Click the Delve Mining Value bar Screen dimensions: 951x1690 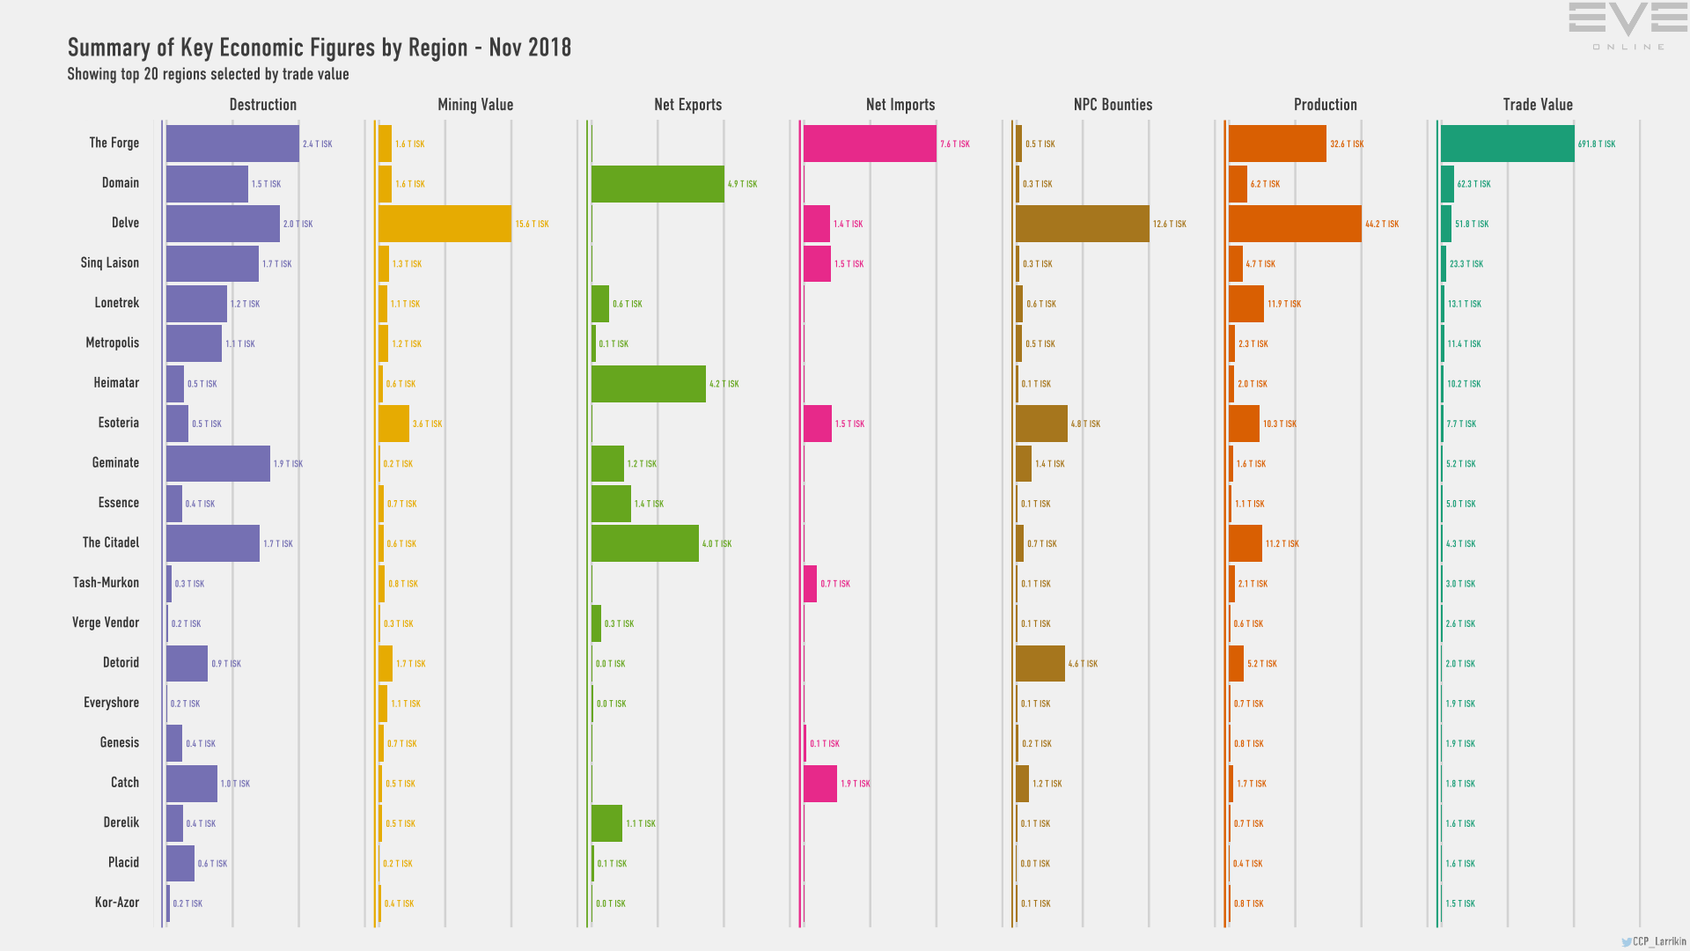click(x=445, y=224)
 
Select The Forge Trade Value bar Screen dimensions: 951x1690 click(x=1507, y=144)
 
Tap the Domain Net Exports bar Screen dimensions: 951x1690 click(x=658, y=184)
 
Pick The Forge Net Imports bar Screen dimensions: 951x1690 click(x=870, y=144)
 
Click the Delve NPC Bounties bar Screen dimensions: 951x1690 click(x=1082, y=224)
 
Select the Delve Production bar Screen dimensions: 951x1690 click(x=1295, y=224)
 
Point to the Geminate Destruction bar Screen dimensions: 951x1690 click(x=218, y=463)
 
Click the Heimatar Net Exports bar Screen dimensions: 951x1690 click(x=649, y=384)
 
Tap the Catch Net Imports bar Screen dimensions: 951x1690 click(x=820, y=784)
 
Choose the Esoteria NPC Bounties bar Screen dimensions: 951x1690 click(x=1041, y=424)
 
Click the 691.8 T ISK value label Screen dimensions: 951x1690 click(x=1597, y=144)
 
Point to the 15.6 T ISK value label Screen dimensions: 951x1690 click(x=532, y=225)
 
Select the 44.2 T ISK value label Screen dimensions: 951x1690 click(x=1382, y=225)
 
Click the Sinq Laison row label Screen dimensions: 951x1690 click(x=110, y=263)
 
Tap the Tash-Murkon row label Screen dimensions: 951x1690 click(x=107, y=583)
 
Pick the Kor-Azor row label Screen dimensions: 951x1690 click(x=117, y=903)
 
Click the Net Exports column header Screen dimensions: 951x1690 click(x=687, y=105)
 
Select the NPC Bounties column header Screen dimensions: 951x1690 click(x=1113, y=105)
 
